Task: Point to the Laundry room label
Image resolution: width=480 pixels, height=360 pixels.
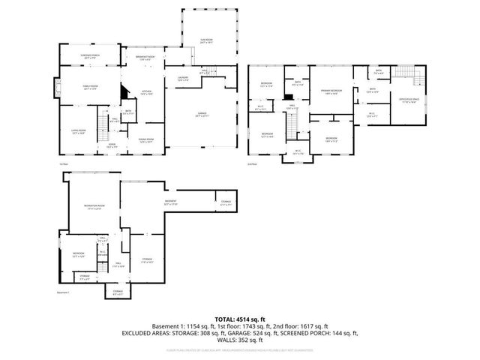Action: [182, 78]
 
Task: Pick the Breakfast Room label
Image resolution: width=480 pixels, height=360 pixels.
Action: [145, 58]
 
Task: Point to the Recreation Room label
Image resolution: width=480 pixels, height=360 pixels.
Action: [94, 207]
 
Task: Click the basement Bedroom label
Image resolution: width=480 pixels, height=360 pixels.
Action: [79, 254]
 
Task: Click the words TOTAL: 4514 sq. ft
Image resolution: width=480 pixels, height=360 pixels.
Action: [239, 319]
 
